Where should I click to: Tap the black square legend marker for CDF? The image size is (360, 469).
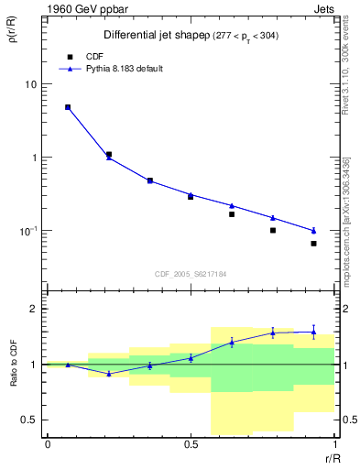[67, 55]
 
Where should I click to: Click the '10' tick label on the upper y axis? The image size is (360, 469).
[30, 84]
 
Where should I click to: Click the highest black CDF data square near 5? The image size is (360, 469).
[68, 107]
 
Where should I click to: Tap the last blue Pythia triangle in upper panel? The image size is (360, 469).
[313, 230]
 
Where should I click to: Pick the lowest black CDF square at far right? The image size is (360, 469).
[313, 244]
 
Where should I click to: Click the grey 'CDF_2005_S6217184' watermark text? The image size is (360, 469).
[190, 273]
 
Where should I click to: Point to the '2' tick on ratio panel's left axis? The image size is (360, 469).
[34, 309]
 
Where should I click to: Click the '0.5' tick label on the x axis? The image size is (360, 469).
[191, 444]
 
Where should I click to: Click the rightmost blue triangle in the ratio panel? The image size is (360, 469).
[313, 332]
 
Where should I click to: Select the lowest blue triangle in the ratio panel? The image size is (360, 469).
[109, 374]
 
